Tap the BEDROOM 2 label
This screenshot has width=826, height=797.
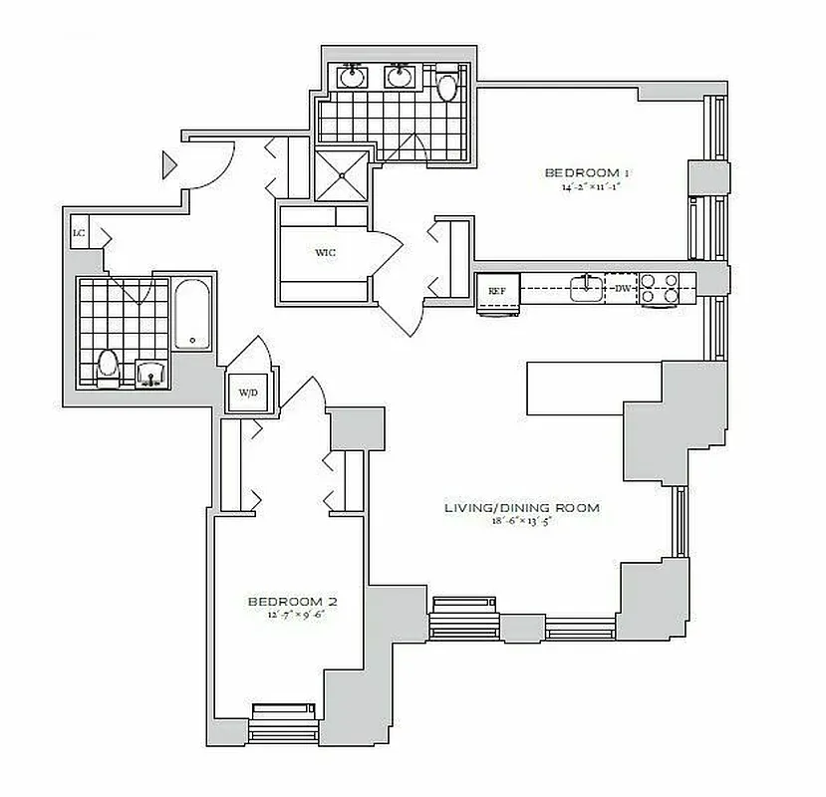coord(293,602)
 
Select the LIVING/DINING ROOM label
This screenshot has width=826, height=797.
coord(522,508)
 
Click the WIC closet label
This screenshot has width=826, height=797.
coord(325,253)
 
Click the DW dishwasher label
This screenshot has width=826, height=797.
coord(623,289)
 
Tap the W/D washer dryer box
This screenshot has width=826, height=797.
coord(247,393)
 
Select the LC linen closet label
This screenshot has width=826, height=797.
coord(78,233)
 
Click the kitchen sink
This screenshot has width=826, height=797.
coord(586,289)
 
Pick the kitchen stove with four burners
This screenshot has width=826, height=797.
coord(659,288)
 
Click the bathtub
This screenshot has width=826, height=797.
coord(193,315)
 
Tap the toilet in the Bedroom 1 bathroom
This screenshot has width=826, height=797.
coord(445,87)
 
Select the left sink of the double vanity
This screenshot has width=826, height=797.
coord(352,77)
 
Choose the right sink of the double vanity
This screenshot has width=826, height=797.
coord(401,77)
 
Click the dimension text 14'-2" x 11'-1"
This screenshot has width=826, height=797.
coord(590,186)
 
